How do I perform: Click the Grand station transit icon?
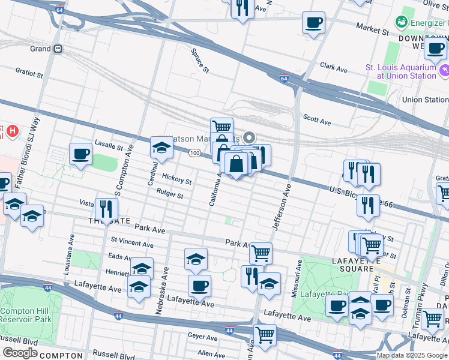(x=58, y=49)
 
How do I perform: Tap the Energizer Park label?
(x=427, y=22)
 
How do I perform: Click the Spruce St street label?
(x=200, y=60)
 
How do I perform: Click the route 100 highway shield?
(x=194, y=154)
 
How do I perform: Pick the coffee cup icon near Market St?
(x=313, y=23)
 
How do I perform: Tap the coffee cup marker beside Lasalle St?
(x=80, y=154)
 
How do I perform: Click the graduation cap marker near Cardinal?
(x=161, y=147)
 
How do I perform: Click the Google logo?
(x=19, y=352)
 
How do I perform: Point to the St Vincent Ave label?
(x=131, y=243)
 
